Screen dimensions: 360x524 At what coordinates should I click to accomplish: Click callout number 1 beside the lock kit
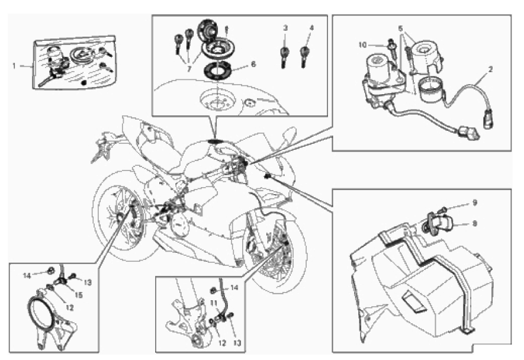14,66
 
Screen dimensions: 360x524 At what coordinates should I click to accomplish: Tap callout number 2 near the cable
490,69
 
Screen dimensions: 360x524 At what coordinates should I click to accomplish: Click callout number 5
400,28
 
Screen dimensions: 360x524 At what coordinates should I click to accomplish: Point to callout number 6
253,63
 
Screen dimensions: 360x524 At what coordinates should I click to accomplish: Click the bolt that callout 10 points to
392,45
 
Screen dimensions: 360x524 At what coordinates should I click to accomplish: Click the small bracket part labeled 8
444,223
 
